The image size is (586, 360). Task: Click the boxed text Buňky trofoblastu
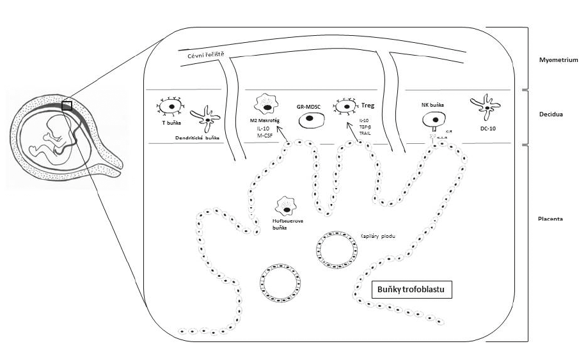[x=413, y=290]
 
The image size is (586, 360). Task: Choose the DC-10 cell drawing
[x=486, y=107]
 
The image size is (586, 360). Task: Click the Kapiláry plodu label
[x=379, y=236]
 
